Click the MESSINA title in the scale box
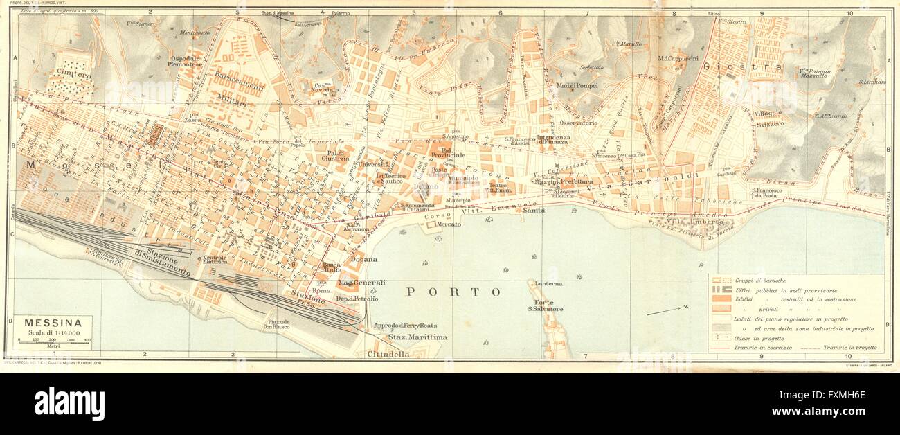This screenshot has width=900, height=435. click(53, 323)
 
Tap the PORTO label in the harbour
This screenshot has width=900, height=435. click(453, 292)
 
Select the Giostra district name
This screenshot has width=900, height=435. click(722, 68)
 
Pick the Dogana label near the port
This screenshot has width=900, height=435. click(364, 260)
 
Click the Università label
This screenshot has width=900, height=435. click(373, 164)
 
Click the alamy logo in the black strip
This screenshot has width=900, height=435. click(69, 404)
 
